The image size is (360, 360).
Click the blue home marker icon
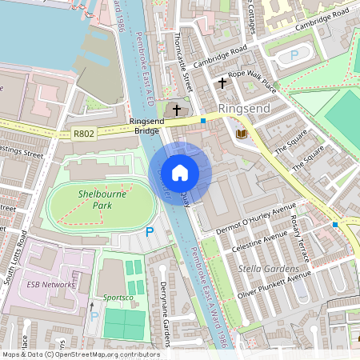(180, 172)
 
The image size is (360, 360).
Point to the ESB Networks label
(50, 284)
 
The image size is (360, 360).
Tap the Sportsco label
(109, 298)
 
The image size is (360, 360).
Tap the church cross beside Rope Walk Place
(222, 82)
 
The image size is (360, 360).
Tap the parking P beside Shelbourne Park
(149, 232)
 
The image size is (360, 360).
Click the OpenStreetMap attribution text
(80, 354)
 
